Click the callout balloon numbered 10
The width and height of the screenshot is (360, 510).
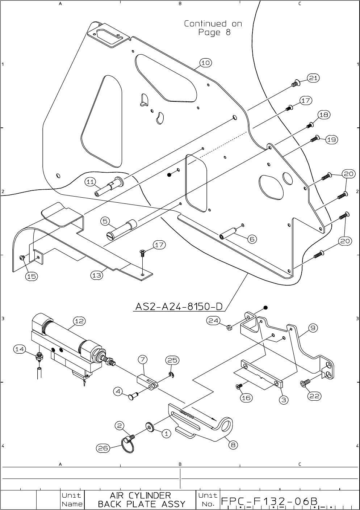coord(205,63)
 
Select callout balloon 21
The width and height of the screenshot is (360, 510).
coord(313,78)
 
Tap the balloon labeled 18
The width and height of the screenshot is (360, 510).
coord(324,115)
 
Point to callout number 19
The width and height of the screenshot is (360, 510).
coord(332,139)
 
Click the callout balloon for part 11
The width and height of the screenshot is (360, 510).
coord(91,182)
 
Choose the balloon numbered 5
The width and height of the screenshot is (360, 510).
coord(105,220)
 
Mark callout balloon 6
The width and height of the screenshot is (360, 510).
coord(252,239)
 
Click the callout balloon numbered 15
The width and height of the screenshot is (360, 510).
coord(32,276)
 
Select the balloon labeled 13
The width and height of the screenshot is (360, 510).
coord(96,275)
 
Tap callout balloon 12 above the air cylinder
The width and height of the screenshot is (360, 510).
coord(79,321)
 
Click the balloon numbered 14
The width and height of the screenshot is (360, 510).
coord(20,349)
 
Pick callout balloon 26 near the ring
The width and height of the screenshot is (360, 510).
coord(103,448)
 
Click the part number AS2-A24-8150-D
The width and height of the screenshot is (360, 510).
coord(179,307)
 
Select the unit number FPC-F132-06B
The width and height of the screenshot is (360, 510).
coord(269,501)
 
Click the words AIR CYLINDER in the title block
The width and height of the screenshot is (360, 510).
coord(140,495)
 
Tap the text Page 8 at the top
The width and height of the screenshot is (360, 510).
coord(214,33)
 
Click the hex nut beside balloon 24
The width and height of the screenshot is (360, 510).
coord(229,328)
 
